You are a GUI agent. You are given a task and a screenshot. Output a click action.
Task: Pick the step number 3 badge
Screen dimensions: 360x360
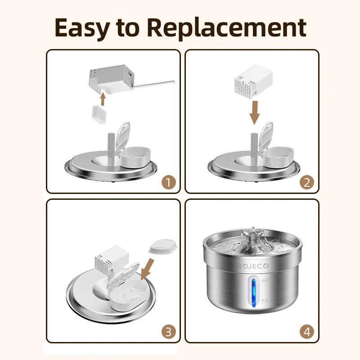click(x=168, y=332)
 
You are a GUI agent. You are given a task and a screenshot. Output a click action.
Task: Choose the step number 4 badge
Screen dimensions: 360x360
click(x=306, y=332)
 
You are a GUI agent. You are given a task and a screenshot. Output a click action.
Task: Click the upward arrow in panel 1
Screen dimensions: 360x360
click(x=103, y=98)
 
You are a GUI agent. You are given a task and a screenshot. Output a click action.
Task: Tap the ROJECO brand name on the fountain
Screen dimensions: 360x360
click(x=252, y=266)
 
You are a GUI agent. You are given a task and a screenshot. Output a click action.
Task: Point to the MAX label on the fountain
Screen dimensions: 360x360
click(x=265, y=280)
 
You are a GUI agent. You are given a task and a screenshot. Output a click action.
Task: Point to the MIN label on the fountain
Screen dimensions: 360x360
click(x=265, y=298)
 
